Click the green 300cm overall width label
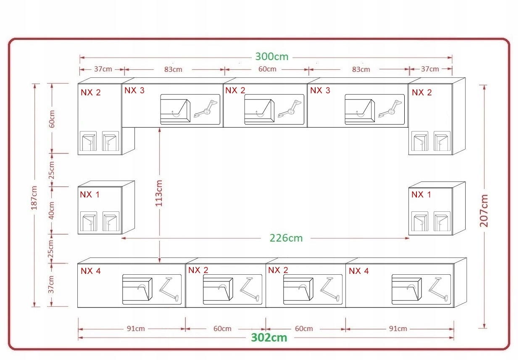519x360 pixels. pos(271,57)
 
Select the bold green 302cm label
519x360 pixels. pos(269,337)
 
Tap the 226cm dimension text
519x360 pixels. pos(286,238)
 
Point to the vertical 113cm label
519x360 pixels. pos(159,193)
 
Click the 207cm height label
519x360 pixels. pos(484,210)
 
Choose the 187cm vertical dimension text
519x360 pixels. pos(34,197)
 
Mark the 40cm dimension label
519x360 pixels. pos(51,210)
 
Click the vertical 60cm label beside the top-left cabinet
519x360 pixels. pos(51,118)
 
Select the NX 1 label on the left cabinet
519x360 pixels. pos(90,194)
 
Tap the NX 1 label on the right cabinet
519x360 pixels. pos(421,194)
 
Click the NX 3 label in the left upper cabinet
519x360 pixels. pos(134,90)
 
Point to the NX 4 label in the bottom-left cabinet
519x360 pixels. pos(90,271)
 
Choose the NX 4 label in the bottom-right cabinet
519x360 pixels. pos(358,271)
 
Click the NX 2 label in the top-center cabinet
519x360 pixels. pos(235,90)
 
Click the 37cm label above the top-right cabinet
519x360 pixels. pos(430,69)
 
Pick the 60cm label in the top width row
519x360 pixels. pos(267,69)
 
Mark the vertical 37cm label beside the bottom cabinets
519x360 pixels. pos(51,284)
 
